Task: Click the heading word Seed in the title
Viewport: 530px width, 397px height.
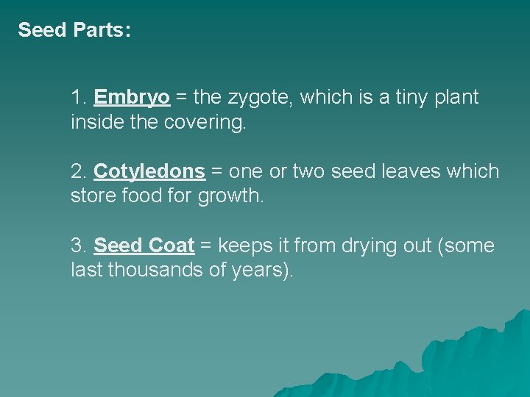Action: click(41, 30)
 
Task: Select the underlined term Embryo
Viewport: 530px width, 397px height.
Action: click(132, 97)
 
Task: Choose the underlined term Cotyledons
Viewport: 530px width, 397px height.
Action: click(149, 171)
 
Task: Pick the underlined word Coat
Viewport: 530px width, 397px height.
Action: click(172, 246)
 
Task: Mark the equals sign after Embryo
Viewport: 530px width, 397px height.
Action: click(181, 97)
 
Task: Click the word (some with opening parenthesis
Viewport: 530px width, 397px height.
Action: click(465, 246)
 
